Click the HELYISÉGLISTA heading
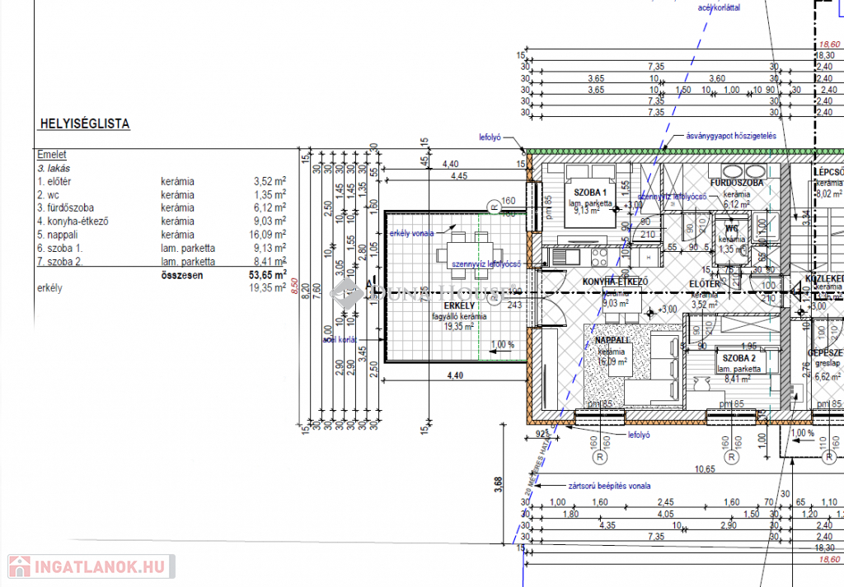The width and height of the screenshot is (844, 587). [x=84, y=124]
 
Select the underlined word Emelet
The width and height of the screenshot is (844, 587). [x=52, y=155]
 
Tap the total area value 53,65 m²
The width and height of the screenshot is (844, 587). [x=267, y=275]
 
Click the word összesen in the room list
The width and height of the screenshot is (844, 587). [x=183, y=275]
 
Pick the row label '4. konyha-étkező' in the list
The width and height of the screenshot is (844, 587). [x=73, y=221]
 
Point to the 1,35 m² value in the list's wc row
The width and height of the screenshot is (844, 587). [x=270, y=195]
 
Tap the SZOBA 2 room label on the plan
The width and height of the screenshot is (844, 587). [x=739, y=359]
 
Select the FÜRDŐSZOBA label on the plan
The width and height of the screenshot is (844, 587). [x=736, y=183]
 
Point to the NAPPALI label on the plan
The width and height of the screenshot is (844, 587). [x=612, y=340]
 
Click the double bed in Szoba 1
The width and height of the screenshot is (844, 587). [x=589, y=203]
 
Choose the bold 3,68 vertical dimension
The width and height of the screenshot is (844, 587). [x=499, y=489]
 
